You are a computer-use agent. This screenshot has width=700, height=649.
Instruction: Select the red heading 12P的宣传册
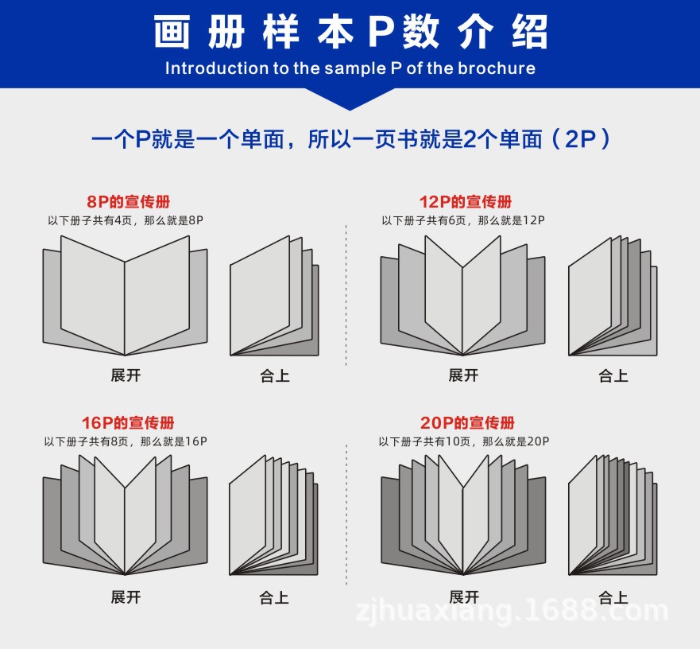466,202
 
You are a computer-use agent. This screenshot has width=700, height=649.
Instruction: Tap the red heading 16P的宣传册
128,423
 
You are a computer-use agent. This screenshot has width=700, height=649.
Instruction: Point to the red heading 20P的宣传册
466,423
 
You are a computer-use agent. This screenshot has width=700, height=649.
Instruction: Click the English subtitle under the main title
350,68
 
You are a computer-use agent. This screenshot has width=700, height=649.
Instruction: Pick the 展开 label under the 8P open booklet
126,375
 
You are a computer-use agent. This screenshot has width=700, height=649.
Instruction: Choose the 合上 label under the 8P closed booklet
275,375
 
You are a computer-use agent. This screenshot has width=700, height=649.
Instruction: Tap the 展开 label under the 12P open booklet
463,375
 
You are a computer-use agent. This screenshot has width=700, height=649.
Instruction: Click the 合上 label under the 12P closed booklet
613,375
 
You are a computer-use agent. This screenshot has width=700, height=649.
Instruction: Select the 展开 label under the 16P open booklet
126,597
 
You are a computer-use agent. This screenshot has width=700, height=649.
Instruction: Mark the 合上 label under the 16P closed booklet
275,597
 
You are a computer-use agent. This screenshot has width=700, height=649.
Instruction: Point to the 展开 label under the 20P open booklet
463,597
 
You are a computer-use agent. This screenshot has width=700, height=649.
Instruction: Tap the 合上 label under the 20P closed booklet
613,597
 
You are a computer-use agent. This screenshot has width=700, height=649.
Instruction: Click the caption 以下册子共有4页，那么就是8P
126,220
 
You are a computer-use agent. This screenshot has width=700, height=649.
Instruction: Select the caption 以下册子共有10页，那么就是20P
464,441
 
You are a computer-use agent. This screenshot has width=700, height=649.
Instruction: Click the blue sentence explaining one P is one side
350,140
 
